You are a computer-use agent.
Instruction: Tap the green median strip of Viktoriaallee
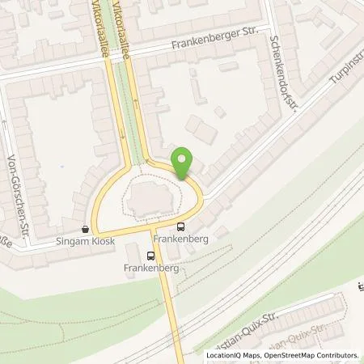click(x=126, y=105)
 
